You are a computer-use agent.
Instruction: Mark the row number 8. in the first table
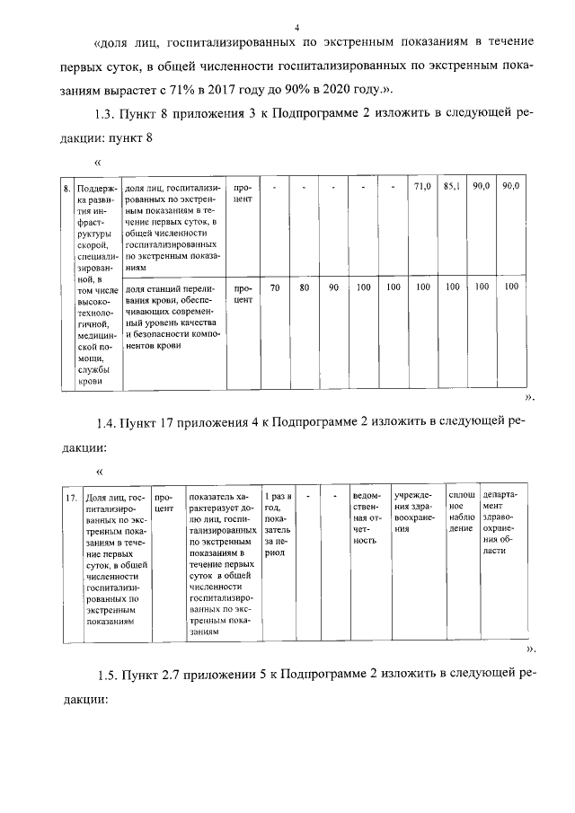point(66,188)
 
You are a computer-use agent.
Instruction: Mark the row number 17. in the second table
point(70,496)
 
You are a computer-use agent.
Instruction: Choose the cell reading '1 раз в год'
point(277,524)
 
